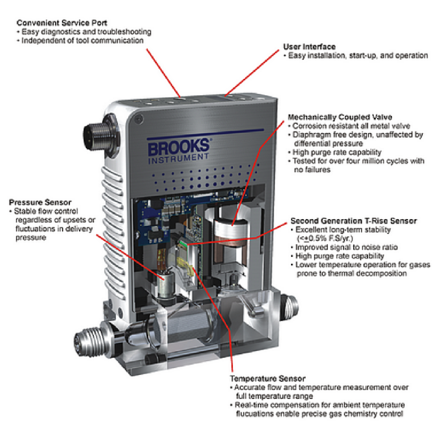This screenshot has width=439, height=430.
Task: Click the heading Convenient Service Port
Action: (x=62, y=23)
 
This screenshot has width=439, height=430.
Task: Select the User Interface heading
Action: (x=309, y=47)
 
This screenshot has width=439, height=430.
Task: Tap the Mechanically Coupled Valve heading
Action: (x=340, y=117)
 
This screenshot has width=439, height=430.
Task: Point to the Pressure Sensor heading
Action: (x=40, y=202)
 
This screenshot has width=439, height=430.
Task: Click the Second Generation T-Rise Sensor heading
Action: (x=354, y=221)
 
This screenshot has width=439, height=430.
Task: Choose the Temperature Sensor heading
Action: (x=267, y=379)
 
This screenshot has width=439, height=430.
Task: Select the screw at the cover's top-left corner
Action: (x=139, y=119)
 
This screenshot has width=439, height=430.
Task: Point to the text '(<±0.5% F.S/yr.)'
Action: (x=325, y=238)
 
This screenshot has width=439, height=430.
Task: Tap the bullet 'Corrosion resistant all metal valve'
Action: (x=349, y=125)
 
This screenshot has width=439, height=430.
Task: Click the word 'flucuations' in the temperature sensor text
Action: (x=254, y=413)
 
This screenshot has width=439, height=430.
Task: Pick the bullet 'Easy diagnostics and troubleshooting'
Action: (x=84, y=32)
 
